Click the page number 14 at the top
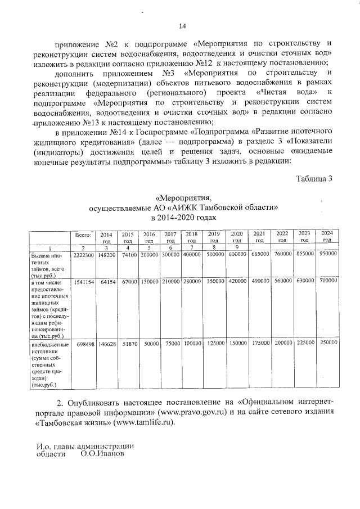click(182, 25)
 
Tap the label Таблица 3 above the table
click(314, 179)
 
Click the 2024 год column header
click(327, 236)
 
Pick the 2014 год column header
click(106, 237)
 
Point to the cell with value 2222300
click(83, 255)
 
